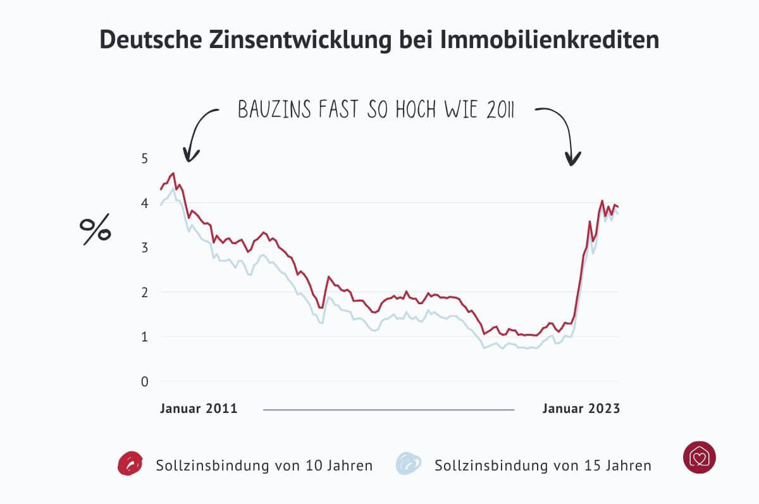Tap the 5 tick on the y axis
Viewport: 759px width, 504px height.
click(145, 158)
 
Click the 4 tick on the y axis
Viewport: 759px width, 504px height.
click(145, 203)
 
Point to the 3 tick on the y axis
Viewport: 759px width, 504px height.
click(145, 248)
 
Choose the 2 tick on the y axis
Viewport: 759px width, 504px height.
click(145, 292)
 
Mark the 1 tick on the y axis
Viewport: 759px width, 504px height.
click(145, 337)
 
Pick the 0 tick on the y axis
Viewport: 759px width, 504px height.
click(145, 381)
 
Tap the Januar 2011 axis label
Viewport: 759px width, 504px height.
click(199, 409)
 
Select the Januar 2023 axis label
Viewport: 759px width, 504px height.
click(581, 409)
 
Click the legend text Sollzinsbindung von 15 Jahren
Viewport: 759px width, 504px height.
click(543, 466)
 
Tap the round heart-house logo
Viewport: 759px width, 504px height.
click(699, 457)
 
